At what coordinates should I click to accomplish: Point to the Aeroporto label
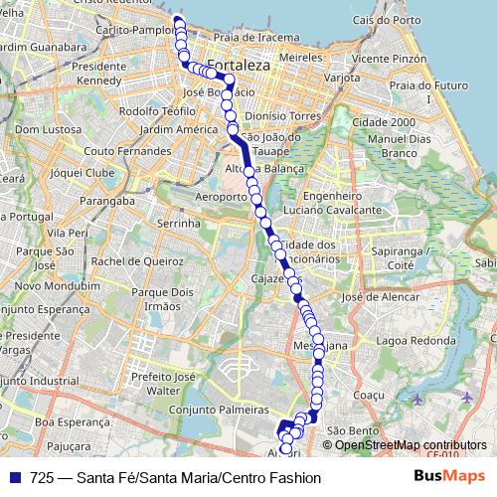(220, 197)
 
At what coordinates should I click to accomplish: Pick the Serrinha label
(179, 225)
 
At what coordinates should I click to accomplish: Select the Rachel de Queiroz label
(133, 261)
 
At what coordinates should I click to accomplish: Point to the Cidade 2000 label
(390, 122)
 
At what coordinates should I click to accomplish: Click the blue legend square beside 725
(14, 478)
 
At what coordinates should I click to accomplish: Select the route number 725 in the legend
(42, 478)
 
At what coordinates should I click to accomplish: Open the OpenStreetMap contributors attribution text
(411, 444)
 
